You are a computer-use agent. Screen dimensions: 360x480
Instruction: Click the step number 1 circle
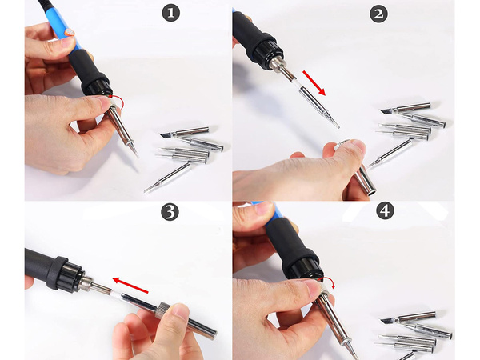coord(172,14)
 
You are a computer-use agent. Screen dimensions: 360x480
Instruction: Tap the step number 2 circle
coord(380,14)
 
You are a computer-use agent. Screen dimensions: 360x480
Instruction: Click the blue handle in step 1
coord(64,32)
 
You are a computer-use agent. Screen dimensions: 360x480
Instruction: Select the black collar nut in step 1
coord(95,82)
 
